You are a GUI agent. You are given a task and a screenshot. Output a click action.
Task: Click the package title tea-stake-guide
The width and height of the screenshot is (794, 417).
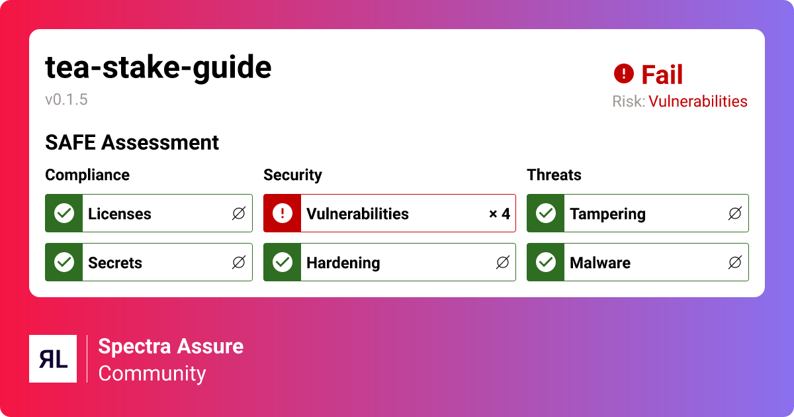(158, 68)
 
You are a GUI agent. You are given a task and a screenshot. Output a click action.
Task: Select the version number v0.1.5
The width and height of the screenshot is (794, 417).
(66, 100)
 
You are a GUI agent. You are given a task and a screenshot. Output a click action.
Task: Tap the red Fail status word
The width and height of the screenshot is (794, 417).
(662, 75)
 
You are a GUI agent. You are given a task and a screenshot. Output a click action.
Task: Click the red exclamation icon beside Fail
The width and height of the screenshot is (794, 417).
(623, 74)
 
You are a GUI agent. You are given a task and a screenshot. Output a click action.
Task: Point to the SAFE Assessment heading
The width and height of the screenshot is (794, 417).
(132, 142)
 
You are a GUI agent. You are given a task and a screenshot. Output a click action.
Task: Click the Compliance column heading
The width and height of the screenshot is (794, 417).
(87, 175)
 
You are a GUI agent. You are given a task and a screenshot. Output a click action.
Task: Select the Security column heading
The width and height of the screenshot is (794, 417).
(292, 175)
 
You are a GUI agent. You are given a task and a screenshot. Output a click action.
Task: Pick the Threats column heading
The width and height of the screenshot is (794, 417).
(554, 175)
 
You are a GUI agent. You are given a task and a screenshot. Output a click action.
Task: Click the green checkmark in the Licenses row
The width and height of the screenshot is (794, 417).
(64, 213)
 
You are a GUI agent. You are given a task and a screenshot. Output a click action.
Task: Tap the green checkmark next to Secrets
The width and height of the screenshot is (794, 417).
(64, 262)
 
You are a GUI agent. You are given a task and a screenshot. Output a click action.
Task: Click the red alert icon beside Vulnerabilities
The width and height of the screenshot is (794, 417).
(283, 213)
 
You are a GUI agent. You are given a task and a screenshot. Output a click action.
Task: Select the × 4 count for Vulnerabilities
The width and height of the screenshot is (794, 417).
(499, 214)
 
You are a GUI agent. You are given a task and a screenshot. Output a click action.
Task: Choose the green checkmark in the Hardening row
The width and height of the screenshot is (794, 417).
(283, 262)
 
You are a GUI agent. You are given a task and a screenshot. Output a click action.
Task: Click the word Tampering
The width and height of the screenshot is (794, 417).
(607, 214)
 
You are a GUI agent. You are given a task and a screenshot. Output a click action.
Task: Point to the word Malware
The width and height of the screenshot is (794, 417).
(599, 263)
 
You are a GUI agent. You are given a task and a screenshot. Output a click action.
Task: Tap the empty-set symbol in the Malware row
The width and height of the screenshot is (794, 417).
(734, 263)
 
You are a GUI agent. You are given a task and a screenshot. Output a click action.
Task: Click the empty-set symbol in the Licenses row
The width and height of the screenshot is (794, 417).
(238, 214)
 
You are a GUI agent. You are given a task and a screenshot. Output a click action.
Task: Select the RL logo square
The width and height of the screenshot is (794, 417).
(53, 359)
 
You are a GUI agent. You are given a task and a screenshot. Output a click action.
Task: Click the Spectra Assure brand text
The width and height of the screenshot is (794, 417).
(171, 346)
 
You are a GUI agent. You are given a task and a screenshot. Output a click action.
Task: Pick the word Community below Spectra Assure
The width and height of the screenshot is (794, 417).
(152, 373)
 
